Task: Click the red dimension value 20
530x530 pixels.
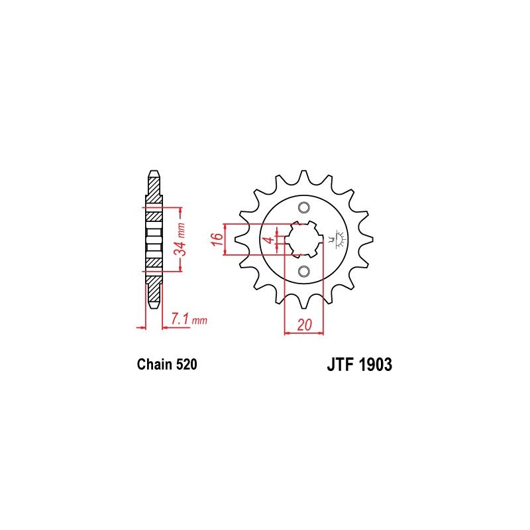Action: (x=305, y=325)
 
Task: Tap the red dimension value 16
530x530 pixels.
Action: (x=217, y=239)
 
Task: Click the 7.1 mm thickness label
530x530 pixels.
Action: (x=189, y=320)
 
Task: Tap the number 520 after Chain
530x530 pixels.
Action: (x=185, y=364)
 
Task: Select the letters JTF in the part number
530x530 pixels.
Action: (x=339, y=364)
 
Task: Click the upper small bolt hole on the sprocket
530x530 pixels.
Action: (x=304, y=207)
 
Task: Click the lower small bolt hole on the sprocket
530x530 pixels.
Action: (x=304, y=271)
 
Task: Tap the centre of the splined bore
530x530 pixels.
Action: (x=304, y=239)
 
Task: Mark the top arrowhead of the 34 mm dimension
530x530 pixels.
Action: (x=180, y=211)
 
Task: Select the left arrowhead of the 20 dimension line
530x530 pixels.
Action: (x=288, y=333)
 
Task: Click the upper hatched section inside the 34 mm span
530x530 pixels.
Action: (x=153, y=217)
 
